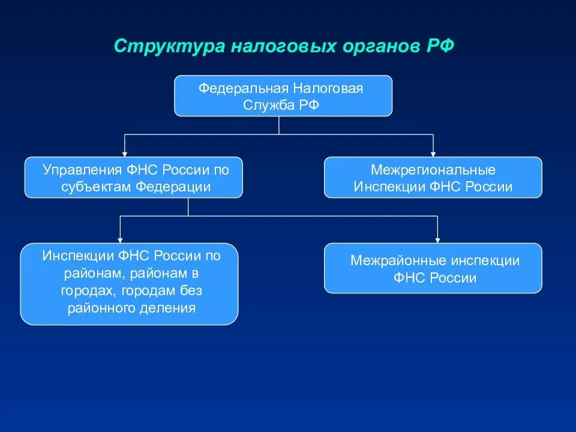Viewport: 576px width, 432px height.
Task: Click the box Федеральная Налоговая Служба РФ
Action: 283,95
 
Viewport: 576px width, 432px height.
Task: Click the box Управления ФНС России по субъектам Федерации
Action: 133,177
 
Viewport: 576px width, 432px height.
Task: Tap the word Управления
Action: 82,169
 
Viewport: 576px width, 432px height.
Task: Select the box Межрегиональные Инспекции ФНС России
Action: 433,177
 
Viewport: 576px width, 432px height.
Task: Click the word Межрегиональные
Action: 433,169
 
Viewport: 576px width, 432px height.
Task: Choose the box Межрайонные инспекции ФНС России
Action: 433,268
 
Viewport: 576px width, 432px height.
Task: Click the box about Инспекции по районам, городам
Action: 129,283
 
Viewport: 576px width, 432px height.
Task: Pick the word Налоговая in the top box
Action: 328,88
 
